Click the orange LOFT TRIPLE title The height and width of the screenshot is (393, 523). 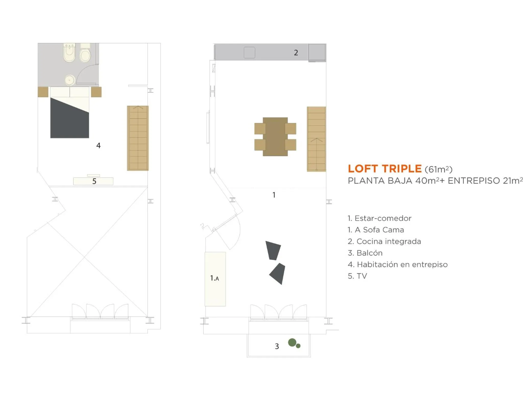point(384,169)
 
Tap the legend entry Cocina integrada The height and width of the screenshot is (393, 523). point(384,241)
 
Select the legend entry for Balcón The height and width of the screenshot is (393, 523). point(365,253)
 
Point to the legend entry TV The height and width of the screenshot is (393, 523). point(358,276)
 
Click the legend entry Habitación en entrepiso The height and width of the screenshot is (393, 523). point(398,264)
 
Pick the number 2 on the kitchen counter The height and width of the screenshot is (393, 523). point(296,53)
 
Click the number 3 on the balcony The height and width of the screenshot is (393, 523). point(277,346)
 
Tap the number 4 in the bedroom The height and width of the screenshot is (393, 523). point(98,146)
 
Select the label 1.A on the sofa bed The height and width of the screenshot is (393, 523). point(215,278)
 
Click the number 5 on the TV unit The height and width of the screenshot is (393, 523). point(94,181)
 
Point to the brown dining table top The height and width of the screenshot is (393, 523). point(275,137)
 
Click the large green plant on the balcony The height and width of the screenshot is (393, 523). point(292,342)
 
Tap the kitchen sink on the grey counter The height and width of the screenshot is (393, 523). point(249,52)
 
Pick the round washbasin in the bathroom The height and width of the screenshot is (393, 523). point(69,80)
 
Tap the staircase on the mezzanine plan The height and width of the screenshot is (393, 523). point(138,138)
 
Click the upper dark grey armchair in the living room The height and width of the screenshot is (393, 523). point(273,250)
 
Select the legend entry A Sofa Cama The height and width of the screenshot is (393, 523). point(376,230)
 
